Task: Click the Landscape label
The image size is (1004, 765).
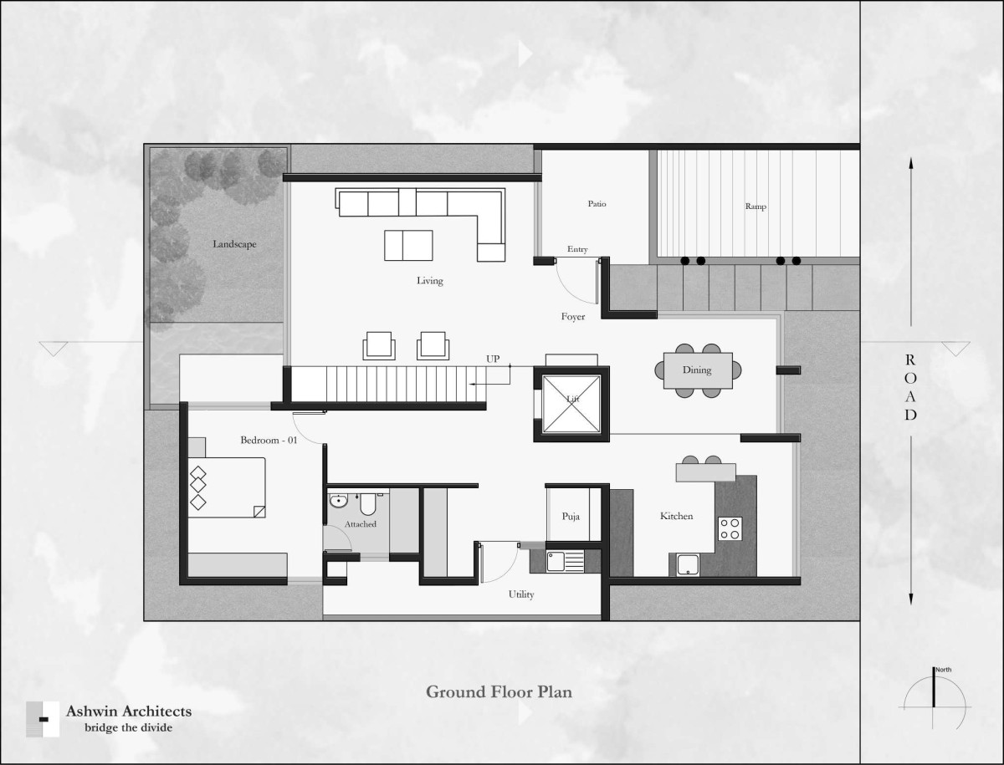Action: click(234, 244)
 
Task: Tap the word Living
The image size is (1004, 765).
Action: click(429, 281)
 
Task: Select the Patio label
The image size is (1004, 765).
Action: click(597, 204)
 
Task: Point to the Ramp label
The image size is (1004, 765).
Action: click(756, 207)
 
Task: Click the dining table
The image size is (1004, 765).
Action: click(698, 370)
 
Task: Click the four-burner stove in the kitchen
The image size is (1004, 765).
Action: click(730, 528)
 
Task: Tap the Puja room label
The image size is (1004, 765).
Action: click(571, 517)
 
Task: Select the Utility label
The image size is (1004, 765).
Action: click(521, 594)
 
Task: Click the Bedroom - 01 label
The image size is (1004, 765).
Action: click(269, 440)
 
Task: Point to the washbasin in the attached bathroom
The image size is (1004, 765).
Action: click(339, 501)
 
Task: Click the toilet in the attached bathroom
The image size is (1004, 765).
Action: click(368, 505)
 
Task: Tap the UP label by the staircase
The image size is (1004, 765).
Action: click(493, 360)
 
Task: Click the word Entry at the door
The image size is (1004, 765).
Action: click(577, 249)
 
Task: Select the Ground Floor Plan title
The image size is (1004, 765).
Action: click(499, 692)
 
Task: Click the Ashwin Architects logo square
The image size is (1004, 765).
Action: click(43, 719)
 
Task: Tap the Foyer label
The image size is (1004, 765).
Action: click(573, 317)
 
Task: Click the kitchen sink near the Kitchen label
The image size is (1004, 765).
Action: click(688, 564)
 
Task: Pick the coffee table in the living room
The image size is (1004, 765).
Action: click(408, 246)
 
